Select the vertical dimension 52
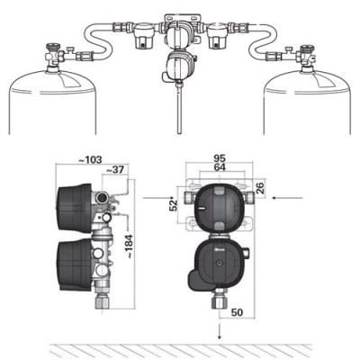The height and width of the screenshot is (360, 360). coord(172,204)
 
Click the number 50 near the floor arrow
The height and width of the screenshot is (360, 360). coord(236,312)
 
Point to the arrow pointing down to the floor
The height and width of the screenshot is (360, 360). coord(220,332)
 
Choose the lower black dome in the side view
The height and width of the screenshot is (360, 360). coord(74,266)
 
